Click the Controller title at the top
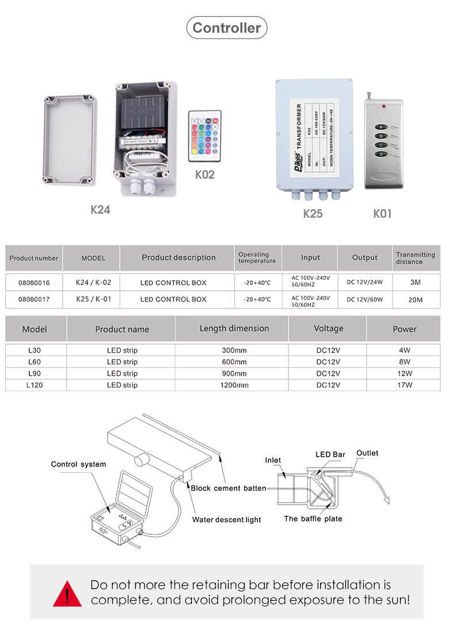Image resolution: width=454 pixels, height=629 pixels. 226,28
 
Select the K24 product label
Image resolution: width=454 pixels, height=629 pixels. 100,210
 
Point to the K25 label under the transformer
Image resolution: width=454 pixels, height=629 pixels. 313,214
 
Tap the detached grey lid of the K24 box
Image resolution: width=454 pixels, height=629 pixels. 68,141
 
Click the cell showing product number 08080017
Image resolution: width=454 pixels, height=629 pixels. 34,299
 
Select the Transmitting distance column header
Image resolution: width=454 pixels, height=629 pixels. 415,258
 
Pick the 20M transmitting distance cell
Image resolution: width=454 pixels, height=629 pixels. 415,299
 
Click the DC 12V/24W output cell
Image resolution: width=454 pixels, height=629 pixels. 365,283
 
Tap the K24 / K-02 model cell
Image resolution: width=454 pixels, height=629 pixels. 94,283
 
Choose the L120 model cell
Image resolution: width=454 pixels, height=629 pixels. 34,385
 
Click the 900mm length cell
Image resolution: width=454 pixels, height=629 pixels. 234,373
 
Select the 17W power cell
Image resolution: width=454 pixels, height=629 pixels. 405,385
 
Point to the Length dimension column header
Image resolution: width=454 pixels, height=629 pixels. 234,329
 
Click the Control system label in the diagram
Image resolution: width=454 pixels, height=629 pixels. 79,464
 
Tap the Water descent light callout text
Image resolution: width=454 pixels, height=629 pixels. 226,520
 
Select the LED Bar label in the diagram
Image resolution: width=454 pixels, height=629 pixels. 330,454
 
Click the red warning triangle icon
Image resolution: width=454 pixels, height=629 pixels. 67,593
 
